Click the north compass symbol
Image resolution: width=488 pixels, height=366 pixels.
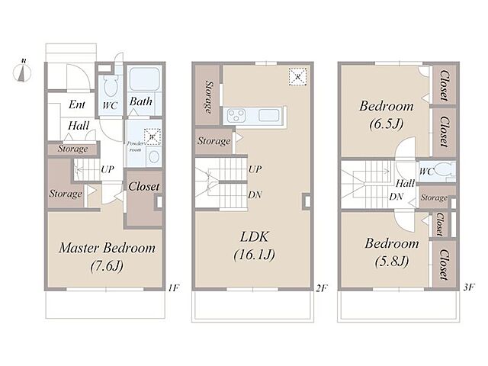[x=22, y=72]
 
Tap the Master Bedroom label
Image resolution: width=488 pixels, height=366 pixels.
[x=107, y=248]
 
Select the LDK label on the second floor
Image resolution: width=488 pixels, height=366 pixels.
[x=254, y=237]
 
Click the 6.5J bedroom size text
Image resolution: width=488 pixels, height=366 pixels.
[x=387, y=124]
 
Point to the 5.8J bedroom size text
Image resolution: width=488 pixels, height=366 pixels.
[x=392, y=262]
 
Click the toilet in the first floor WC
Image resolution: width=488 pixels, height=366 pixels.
[x=110, y=86]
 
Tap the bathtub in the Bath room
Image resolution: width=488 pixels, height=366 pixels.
[x=144, y=79]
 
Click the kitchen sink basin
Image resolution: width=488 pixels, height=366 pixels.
[x=268, y=115]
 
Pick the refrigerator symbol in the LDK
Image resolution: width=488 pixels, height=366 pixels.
[x=298, y=76]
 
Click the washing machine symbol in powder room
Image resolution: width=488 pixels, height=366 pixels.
[x=152, y=136]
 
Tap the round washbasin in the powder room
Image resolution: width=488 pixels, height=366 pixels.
[x=154, y=156]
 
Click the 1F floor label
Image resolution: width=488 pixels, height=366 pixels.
[x=173, y=288]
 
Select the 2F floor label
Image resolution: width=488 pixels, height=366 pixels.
[x=321, y=288]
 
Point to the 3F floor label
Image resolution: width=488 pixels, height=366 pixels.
[x=469, y=287]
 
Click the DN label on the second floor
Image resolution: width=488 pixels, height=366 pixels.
[x=255, y=195]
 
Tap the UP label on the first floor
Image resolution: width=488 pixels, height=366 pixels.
[x=108, y=169]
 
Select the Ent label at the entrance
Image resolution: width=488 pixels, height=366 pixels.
[x=77, y=104]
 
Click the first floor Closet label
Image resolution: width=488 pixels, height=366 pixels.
[x=144, y=187]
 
